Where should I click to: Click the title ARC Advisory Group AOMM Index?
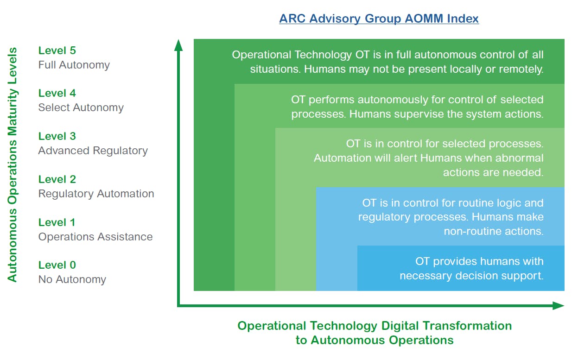[379, 19]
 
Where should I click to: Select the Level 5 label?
[57, 51]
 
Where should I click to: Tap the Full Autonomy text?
[74, 65]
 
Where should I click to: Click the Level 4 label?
[57, 94]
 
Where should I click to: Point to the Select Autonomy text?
[81, 108]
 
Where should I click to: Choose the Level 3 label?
[57, 136]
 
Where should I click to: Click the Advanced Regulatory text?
[93, 151]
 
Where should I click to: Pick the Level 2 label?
[57, 179]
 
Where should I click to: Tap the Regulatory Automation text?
[96, 194]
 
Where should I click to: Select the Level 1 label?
[57, 222]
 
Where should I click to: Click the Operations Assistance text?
[95, 237]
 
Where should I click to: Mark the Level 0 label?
[57, 265]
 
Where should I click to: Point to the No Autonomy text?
[72, 279]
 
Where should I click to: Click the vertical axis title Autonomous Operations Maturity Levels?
[13, 164]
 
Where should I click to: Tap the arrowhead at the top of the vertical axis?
[178, 45]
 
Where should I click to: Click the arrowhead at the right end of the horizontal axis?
[558, 305]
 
